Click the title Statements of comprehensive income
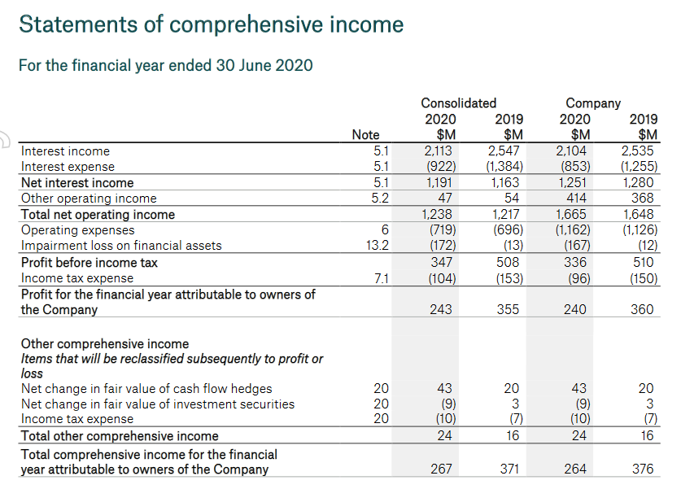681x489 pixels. click(x=211, y=24)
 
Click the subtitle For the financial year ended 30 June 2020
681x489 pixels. click(x=165, y=65)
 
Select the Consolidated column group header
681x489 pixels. click(x=458, y=103)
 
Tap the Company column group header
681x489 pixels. click(x=593, y=103)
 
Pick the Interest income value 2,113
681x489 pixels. click(x=439, y=151)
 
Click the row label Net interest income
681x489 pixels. click(x=77, y=182)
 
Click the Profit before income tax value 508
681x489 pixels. click(x=510, y=262)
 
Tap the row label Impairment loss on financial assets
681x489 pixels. click(x=120, y=246)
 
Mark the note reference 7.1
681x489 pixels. click(x=380, y=278)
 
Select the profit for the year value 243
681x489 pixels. click(x=443, y=309)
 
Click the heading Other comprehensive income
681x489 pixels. click(x=104, y=343)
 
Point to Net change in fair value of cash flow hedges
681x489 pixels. click(x=146, y=389)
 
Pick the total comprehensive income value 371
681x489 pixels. click(x=510, y=469)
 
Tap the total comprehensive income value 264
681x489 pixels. click(x=577, y=469)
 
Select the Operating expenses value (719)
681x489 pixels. click(x=442, y=230)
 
